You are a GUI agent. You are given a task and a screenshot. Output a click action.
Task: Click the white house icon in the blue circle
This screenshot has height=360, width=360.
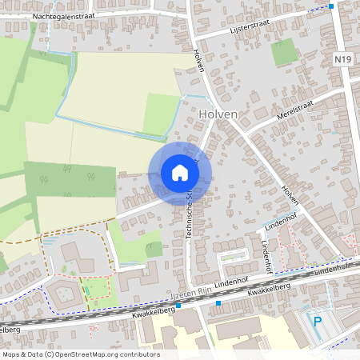tap(180, 173)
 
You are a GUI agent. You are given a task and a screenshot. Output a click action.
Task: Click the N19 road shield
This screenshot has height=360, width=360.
tap(342, 59)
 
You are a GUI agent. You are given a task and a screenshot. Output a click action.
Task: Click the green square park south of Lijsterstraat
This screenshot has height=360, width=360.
tap(283, 53)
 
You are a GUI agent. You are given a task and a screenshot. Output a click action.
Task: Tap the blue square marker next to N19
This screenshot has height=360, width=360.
tap(332, 6)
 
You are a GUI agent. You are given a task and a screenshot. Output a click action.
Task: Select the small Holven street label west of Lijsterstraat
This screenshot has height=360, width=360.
tap(198, 60)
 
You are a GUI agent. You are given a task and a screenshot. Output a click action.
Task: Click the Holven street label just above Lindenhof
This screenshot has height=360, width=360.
tap(290, 198)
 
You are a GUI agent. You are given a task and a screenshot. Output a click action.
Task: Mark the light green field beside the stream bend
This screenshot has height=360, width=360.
tap(162, 114)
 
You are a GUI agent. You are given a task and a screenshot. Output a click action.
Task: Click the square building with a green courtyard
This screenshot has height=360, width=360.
tap(66, 291)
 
